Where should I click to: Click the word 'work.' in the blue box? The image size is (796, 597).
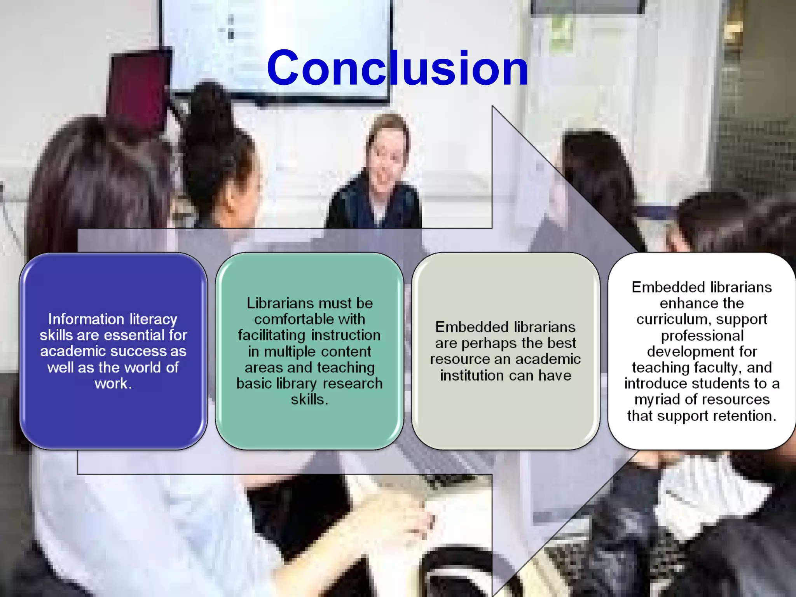(113, 384)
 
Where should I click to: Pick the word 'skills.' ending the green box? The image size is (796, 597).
(309, 400)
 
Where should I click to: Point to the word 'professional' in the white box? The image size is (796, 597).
(702, 335)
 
